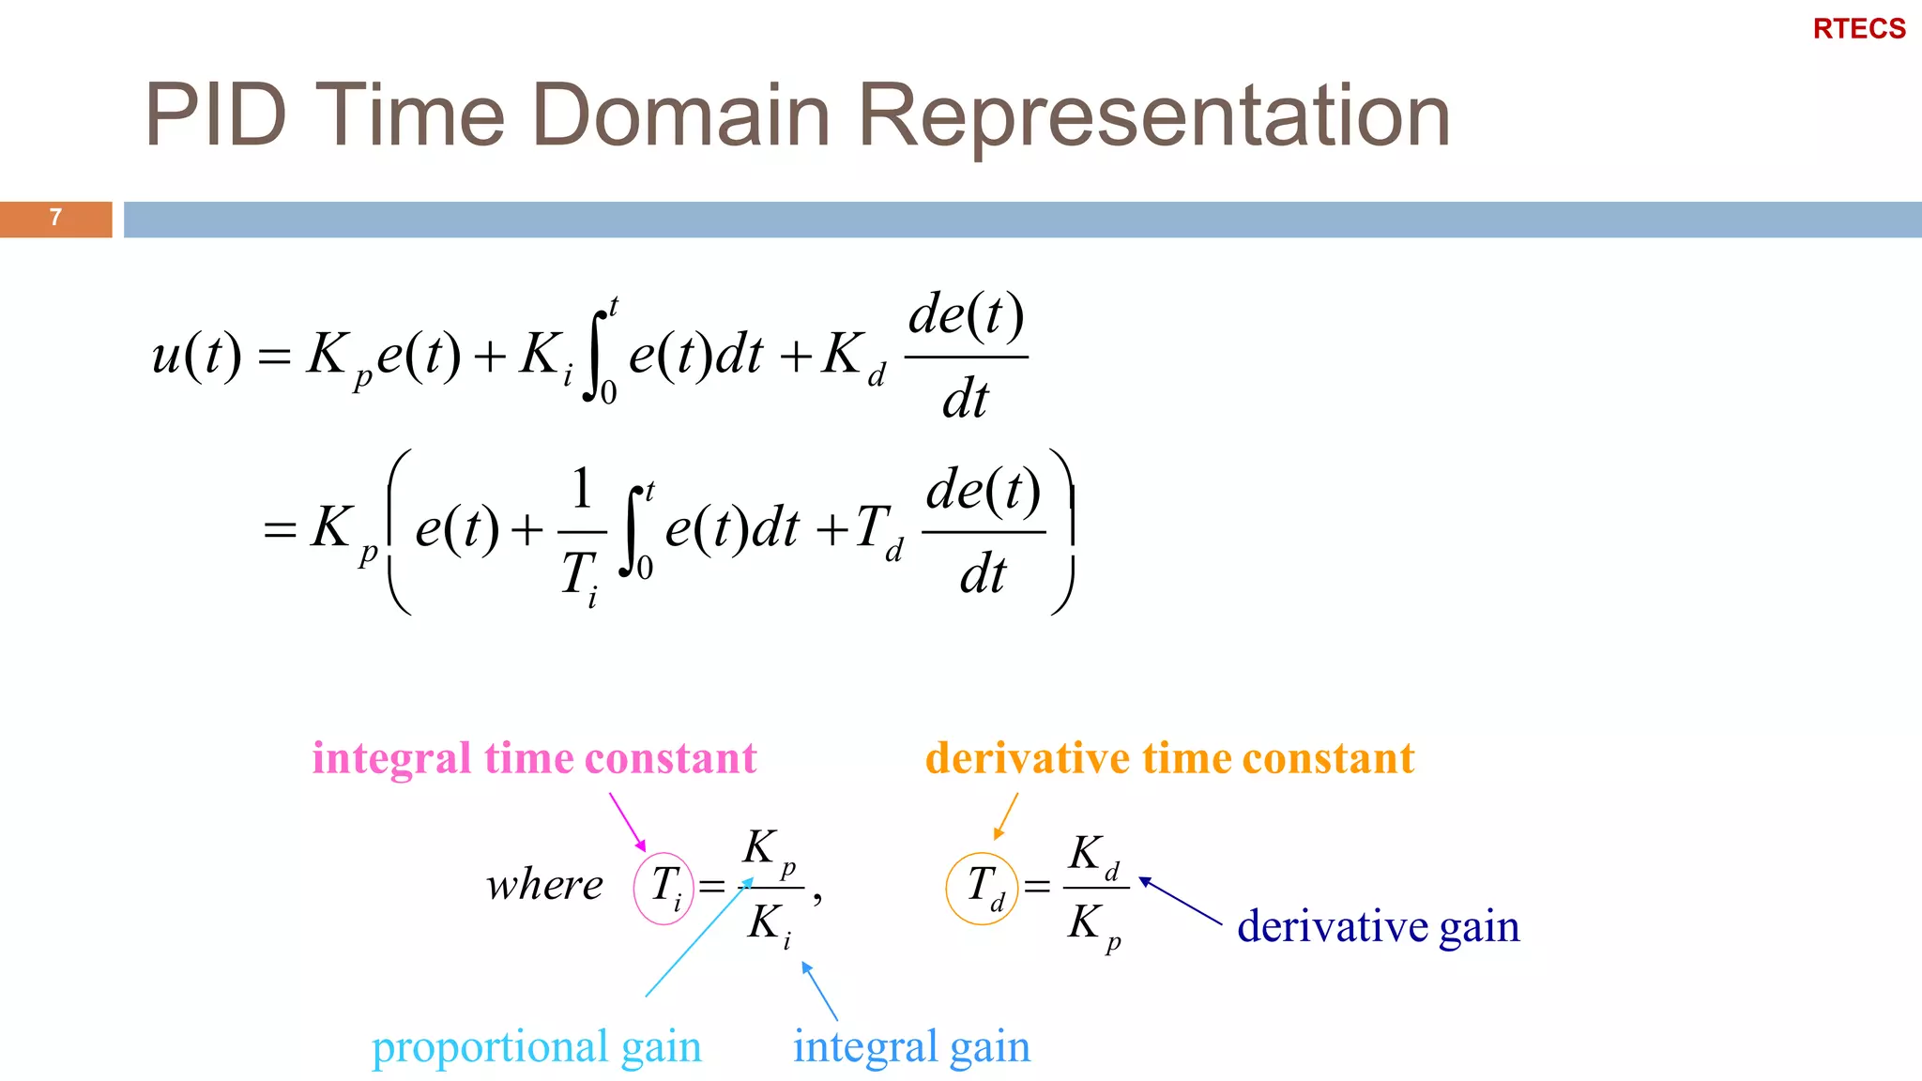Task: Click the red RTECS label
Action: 1858,29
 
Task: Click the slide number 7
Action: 55,218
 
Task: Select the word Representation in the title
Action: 1153,115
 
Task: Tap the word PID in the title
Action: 215,115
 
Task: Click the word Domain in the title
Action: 681,115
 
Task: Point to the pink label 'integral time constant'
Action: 534,758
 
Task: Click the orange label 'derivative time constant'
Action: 1169,758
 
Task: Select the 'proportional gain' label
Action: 536,1047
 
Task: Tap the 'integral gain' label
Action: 911,1047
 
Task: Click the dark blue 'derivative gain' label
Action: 1378,927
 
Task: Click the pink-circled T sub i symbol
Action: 664,887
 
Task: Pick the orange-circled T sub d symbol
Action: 982,888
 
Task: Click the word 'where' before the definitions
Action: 544,885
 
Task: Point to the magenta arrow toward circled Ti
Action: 627,821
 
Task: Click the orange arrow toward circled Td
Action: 1006,815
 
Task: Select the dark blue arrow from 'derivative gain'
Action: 1181,901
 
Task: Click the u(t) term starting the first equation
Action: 196,355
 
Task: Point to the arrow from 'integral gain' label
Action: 819,991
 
